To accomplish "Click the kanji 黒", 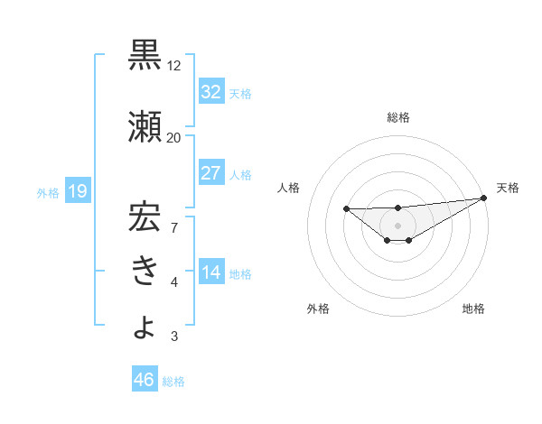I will [145, 55].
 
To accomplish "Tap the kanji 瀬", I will [145, 126].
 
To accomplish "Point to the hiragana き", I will [145, 272].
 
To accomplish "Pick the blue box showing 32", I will [210, 92].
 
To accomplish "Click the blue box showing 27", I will [210, 173].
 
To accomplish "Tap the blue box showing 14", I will [210, 273].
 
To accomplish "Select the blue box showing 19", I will [77, 191].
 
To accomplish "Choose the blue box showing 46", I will [145, 380].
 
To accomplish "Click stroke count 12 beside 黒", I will [174, 66].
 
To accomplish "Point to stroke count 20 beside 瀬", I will [174, 137].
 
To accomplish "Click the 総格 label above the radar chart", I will [398, 117].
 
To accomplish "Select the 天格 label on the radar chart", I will [508, 188].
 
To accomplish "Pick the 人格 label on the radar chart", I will [289, 188].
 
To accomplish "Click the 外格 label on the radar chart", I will [318, 309].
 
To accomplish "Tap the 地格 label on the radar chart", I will [473, 309].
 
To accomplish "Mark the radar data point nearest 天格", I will [483, 198].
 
